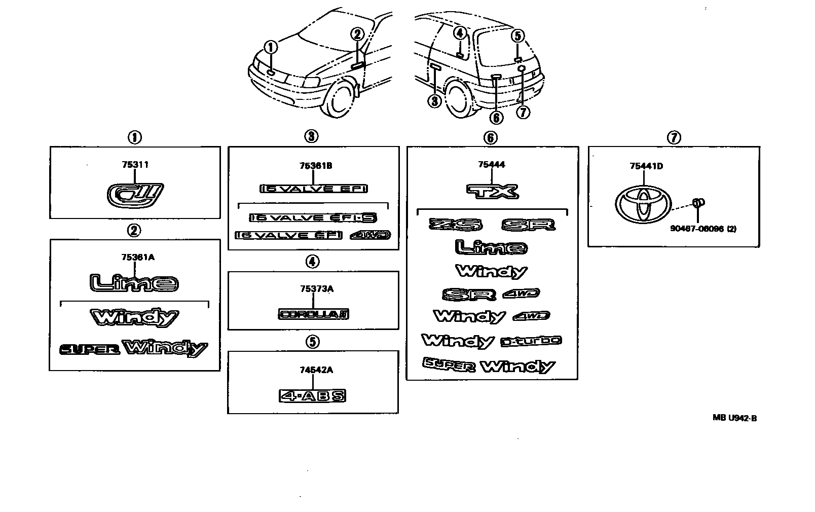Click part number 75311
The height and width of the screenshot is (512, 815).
(x=135, y=165)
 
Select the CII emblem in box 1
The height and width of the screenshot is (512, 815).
(x=136, y=195)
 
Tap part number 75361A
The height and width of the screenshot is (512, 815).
(x=137, y=257)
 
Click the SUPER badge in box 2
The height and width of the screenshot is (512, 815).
(x=90, y=350)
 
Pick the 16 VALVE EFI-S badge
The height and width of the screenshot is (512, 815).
(x=313, y=217)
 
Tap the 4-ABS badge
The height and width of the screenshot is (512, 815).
(x=313, y=395)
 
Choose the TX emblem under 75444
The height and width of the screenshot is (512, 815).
(x=492, y=191)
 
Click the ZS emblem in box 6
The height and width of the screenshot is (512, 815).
(x=456, y=224)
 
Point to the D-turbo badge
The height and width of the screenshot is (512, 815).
(x=531, y=341)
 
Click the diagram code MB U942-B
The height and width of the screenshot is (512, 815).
(x=734, y=418)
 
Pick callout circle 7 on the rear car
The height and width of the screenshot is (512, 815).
(x=523, y=112)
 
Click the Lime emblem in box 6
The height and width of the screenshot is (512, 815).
(x=491, y=247)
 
